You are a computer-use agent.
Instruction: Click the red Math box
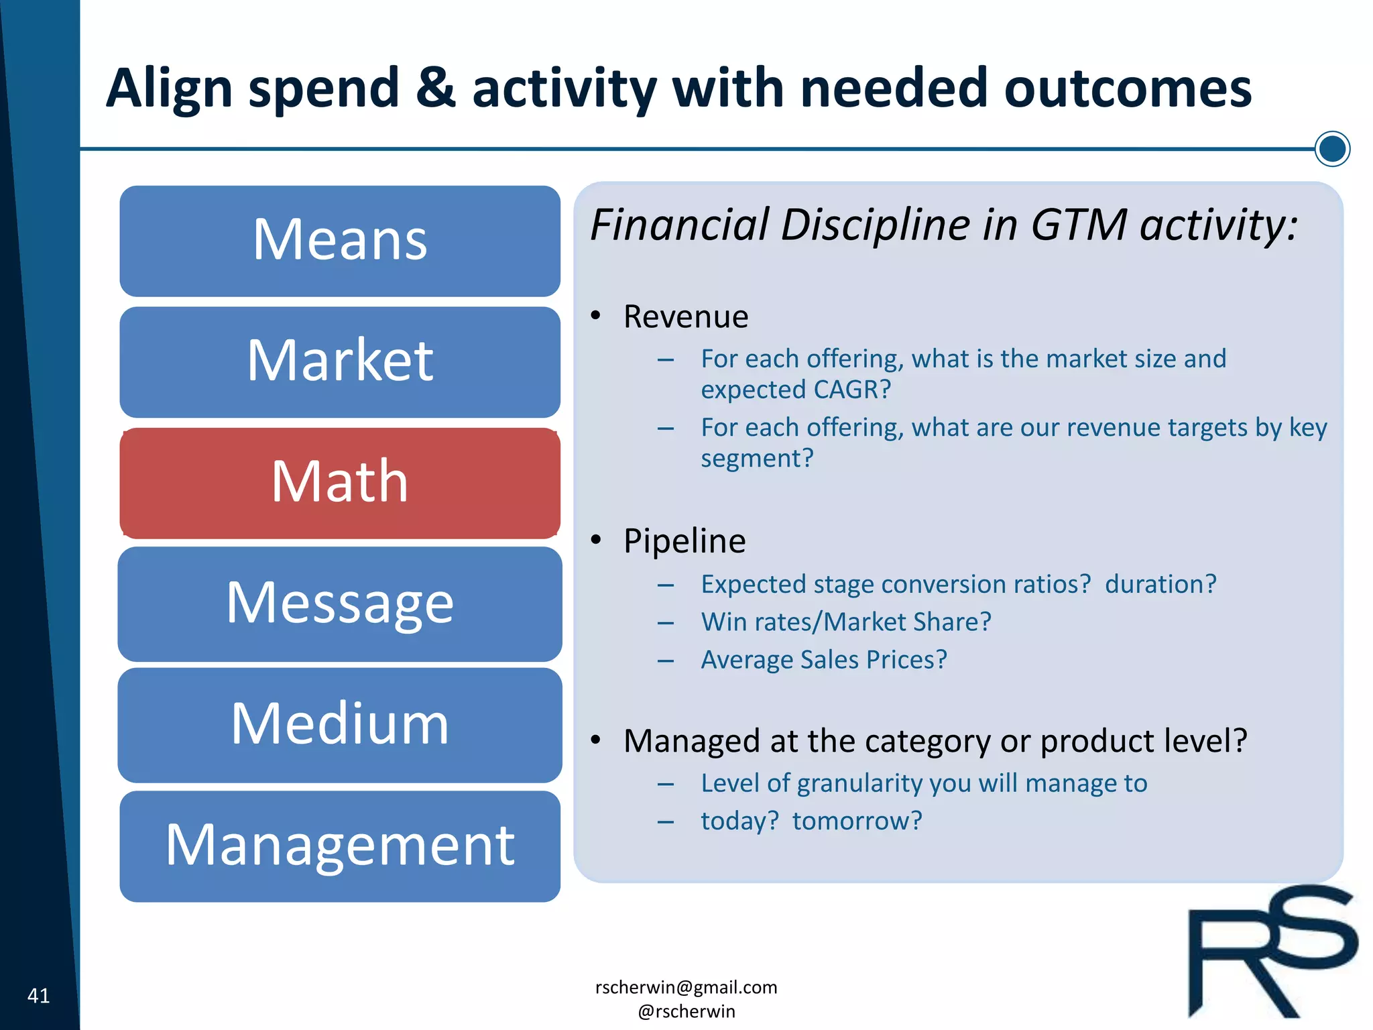[340, 483]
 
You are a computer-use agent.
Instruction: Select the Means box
[340, 241]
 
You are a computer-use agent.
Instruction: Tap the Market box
[340, 361]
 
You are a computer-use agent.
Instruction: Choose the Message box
[340, 604]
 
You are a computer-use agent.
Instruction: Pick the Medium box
[340, 724]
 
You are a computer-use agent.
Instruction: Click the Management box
[340, 846]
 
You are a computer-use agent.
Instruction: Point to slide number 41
[38, 995]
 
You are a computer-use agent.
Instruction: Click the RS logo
[1270, 952]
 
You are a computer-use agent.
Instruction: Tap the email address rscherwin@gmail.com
[686, 987]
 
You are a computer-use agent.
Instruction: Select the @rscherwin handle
[686, 1011]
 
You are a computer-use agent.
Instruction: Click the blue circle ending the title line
[1331, 148]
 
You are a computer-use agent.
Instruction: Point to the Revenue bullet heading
[685, 317]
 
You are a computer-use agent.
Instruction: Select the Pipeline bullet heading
[684, 541]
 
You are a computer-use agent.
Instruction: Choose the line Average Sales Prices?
[823, 660]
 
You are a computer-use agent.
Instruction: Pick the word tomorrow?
[857, 821]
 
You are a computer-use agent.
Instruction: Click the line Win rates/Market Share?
[845, 622]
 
